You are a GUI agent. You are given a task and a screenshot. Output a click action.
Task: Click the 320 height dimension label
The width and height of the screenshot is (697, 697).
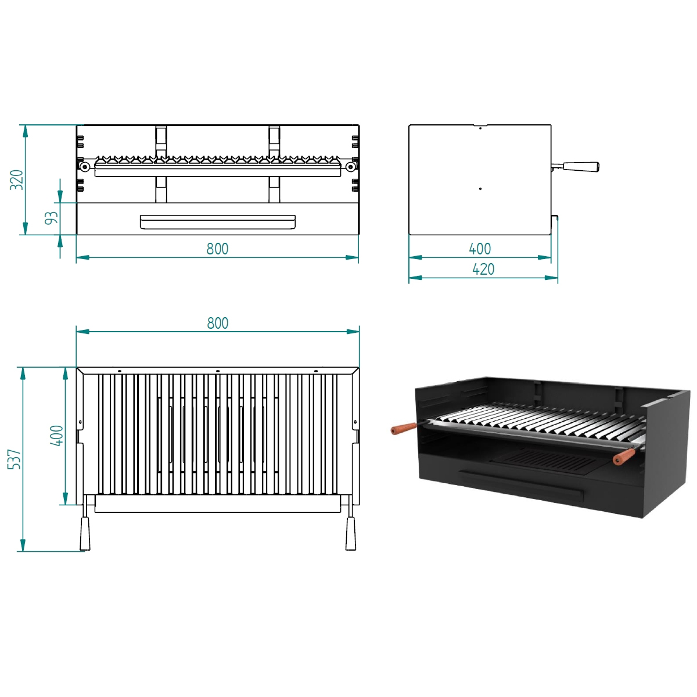point(17,179)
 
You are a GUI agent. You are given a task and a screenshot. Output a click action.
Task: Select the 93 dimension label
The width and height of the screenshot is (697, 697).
point(52,218)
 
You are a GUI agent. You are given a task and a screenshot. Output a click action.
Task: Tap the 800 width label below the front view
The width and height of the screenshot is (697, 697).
point(217,249)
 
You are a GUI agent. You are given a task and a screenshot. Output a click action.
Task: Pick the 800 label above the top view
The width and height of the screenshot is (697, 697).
point(217,323)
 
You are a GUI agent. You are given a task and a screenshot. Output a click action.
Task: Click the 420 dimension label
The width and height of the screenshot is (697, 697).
point(483,270)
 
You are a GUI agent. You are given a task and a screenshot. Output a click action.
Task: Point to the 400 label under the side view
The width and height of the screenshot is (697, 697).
point(480,249)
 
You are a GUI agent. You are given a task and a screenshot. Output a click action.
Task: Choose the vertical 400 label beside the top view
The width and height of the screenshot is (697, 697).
point(57,436)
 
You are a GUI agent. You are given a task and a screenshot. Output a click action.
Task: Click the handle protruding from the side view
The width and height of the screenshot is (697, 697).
point(578,167)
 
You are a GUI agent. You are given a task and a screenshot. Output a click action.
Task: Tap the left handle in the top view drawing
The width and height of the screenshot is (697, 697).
point(85,533)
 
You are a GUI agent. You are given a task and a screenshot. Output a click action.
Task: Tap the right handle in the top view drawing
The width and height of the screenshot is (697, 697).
point(350,533)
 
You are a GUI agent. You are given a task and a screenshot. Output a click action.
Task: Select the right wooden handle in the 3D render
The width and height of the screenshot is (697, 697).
point(624,457)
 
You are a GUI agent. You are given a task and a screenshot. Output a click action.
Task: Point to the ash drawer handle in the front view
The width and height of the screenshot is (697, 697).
point(217,222)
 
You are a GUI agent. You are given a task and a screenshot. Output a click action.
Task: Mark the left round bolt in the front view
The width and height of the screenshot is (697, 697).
point(85,167)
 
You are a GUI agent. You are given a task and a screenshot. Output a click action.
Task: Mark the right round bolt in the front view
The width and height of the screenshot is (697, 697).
point(350,167)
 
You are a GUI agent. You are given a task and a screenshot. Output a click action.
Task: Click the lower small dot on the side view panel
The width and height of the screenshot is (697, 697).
point(480,189)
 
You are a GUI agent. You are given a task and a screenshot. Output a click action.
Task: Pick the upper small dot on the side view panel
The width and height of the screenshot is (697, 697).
point(480,128)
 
